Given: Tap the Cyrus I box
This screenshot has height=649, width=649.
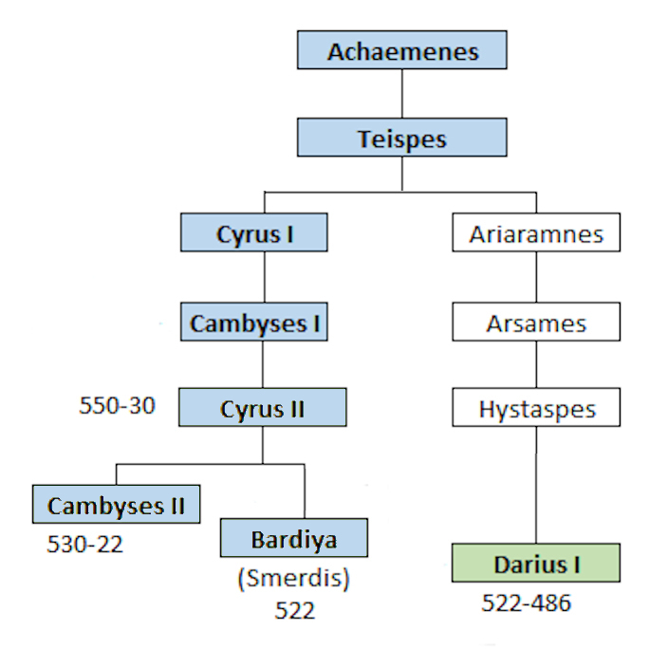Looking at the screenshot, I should point(254,232).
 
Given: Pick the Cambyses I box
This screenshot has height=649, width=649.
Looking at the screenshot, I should point(254,322).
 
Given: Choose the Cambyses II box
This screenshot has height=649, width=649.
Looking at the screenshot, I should point(117,503).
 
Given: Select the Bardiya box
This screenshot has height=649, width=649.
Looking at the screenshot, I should point(293,538).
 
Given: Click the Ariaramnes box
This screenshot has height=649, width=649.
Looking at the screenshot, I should point(536,232).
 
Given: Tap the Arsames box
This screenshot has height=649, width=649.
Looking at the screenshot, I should point(536,322).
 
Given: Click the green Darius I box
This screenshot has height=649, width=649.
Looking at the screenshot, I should point(536,563).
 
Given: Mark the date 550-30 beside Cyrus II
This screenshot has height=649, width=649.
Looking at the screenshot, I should point(117,407).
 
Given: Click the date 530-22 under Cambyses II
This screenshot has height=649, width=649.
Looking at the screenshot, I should point(85,545).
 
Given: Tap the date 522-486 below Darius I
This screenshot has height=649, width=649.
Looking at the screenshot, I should point(527,603).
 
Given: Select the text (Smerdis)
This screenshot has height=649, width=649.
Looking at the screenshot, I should point(293,579).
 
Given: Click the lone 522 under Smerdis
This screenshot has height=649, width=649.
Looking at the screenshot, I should point(294,610).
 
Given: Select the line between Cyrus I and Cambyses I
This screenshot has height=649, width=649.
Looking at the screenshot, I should point(264,277).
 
